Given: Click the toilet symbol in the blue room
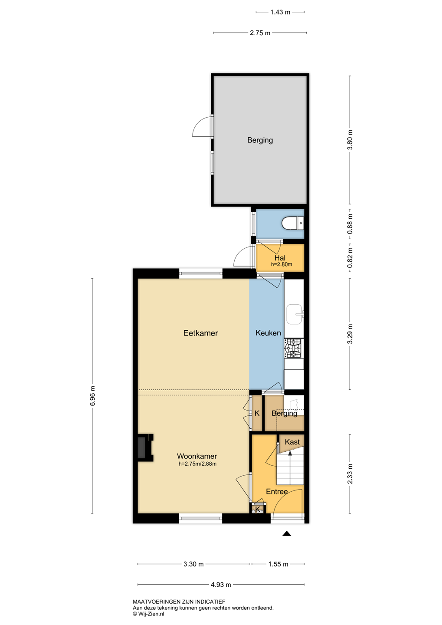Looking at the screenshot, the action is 293,223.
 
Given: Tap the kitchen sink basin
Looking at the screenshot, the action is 295,314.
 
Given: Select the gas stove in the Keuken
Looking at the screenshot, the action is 294,348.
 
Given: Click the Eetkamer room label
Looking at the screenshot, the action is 200,333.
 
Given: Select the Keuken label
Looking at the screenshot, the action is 268,333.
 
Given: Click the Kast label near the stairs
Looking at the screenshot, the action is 292,442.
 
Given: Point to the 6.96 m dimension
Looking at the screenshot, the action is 93,396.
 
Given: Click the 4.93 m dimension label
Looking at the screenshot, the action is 221,585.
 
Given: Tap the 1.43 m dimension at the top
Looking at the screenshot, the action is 280,12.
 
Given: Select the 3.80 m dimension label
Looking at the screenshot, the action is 350,140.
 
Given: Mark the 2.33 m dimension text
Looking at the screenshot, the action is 350,474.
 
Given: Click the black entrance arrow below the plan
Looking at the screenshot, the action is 287,533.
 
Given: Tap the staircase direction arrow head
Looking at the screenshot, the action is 290,453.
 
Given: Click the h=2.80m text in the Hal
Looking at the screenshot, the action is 282,264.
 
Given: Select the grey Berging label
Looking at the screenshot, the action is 260,140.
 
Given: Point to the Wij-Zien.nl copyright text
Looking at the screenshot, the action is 148,614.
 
